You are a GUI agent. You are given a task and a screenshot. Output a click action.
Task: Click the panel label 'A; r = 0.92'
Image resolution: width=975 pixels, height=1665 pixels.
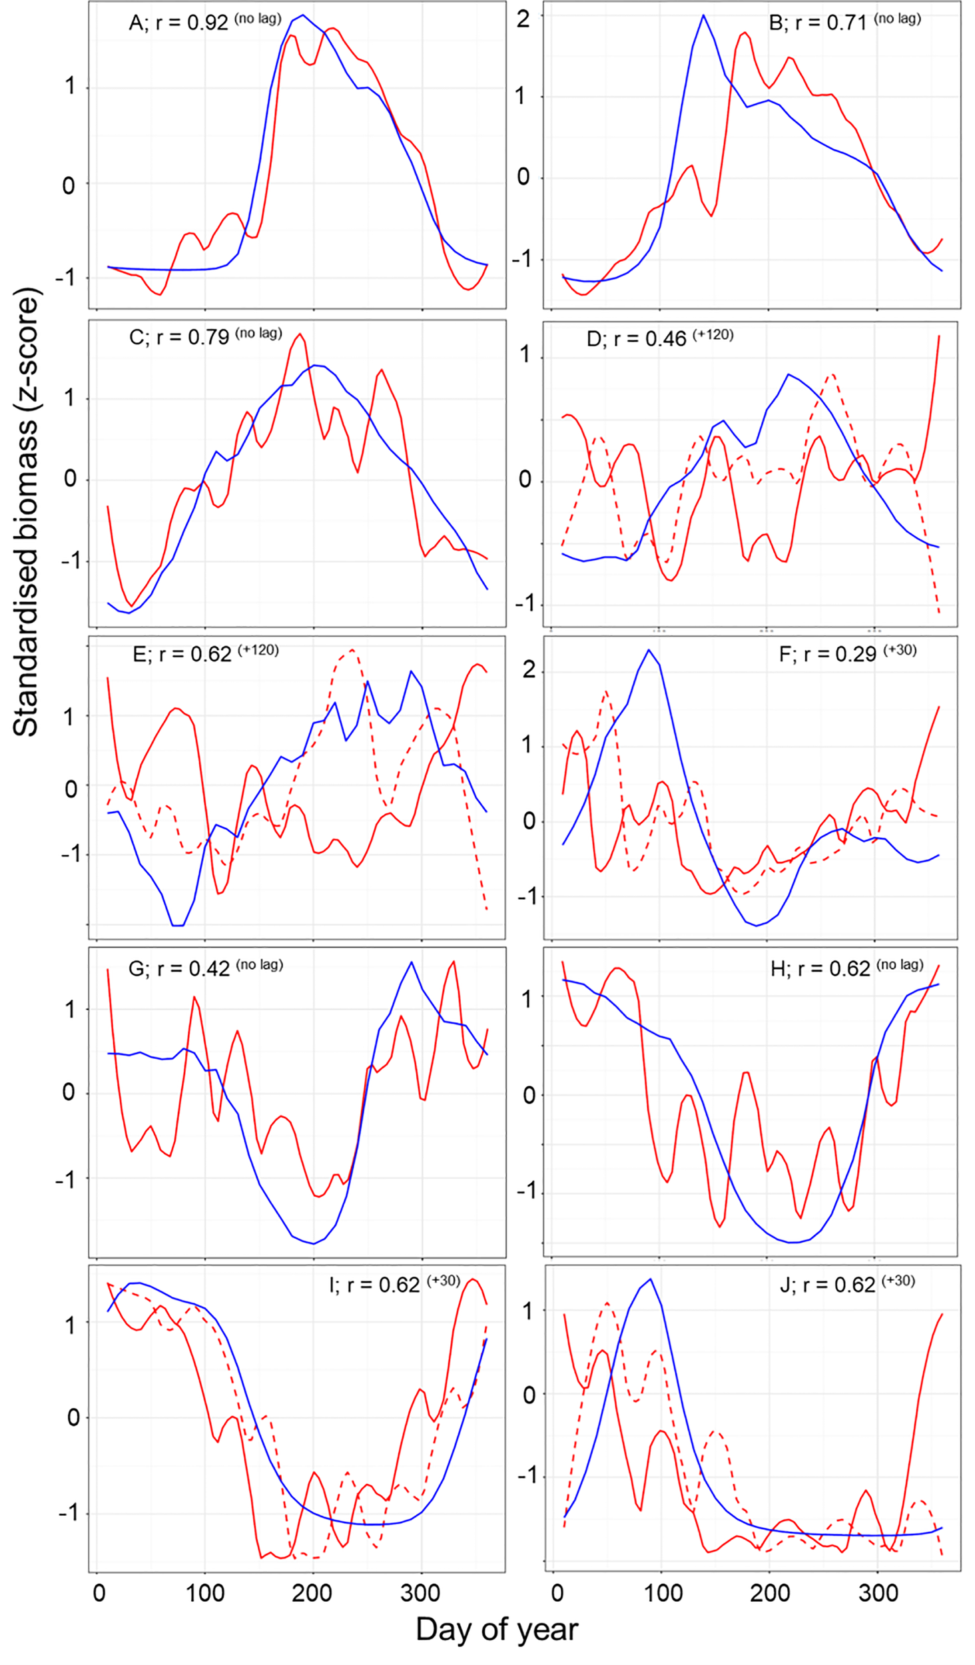tap(178, 23)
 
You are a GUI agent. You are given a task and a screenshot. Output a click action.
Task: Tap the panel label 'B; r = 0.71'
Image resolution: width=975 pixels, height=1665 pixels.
tap(817, 23)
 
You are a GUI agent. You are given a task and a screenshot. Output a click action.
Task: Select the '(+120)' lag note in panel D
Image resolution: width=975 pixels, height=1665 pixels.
tap(713, 335)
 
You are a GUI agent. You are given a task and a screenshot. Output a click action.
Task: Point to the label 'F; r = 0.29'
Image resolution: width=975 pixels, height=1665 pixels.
tap(827, 655)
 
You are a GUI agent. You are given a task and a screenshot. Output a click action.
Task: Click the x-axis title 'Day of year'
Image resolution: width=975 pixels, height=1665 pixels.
tap(496, 1629)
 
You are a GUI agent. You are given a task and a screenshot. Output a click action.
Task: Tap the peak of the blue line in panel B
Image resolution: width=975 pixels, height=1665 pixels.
tap(703, 15)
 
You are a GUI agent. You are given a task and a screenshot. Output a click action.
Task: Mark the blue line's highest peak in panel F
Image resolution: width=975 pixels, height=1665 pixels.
tap(649, 650)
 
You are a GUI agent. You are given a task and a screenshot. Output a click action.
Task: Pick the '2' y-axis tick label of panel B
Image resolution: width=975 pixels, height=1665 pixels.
tap(524, 19)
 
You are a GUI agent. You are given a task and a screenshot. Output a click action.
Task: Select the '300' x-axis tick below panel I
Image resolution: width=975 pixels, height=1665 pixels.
tap(420, 1593)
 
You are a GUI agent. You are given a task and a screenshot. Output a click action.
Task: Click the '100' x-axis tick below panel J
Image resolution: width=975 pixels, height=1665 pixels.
tap(664, 1593)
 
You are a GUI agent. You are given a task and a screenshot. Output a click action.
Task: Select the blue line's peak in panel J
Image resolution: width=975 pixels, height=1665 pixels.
tap(650, 1279)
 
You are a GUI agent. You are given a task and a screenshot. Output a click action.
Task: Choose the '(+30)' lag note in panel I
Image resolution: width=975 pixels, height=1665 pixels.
tap(444, 1281)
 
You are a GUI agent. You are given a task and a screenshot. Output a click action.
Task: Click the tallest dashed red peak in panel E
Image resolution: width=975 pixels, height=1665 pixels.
tap(352, 649)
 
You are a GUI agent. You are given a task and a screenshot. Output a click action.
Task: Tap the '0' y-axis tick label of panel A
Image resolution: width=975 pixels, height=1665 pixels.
tap(69, 186)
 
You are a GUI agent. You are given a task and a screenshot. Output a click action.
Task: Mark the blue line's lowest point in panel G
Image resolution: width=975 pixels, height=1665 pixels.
tap(314, 1243)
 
